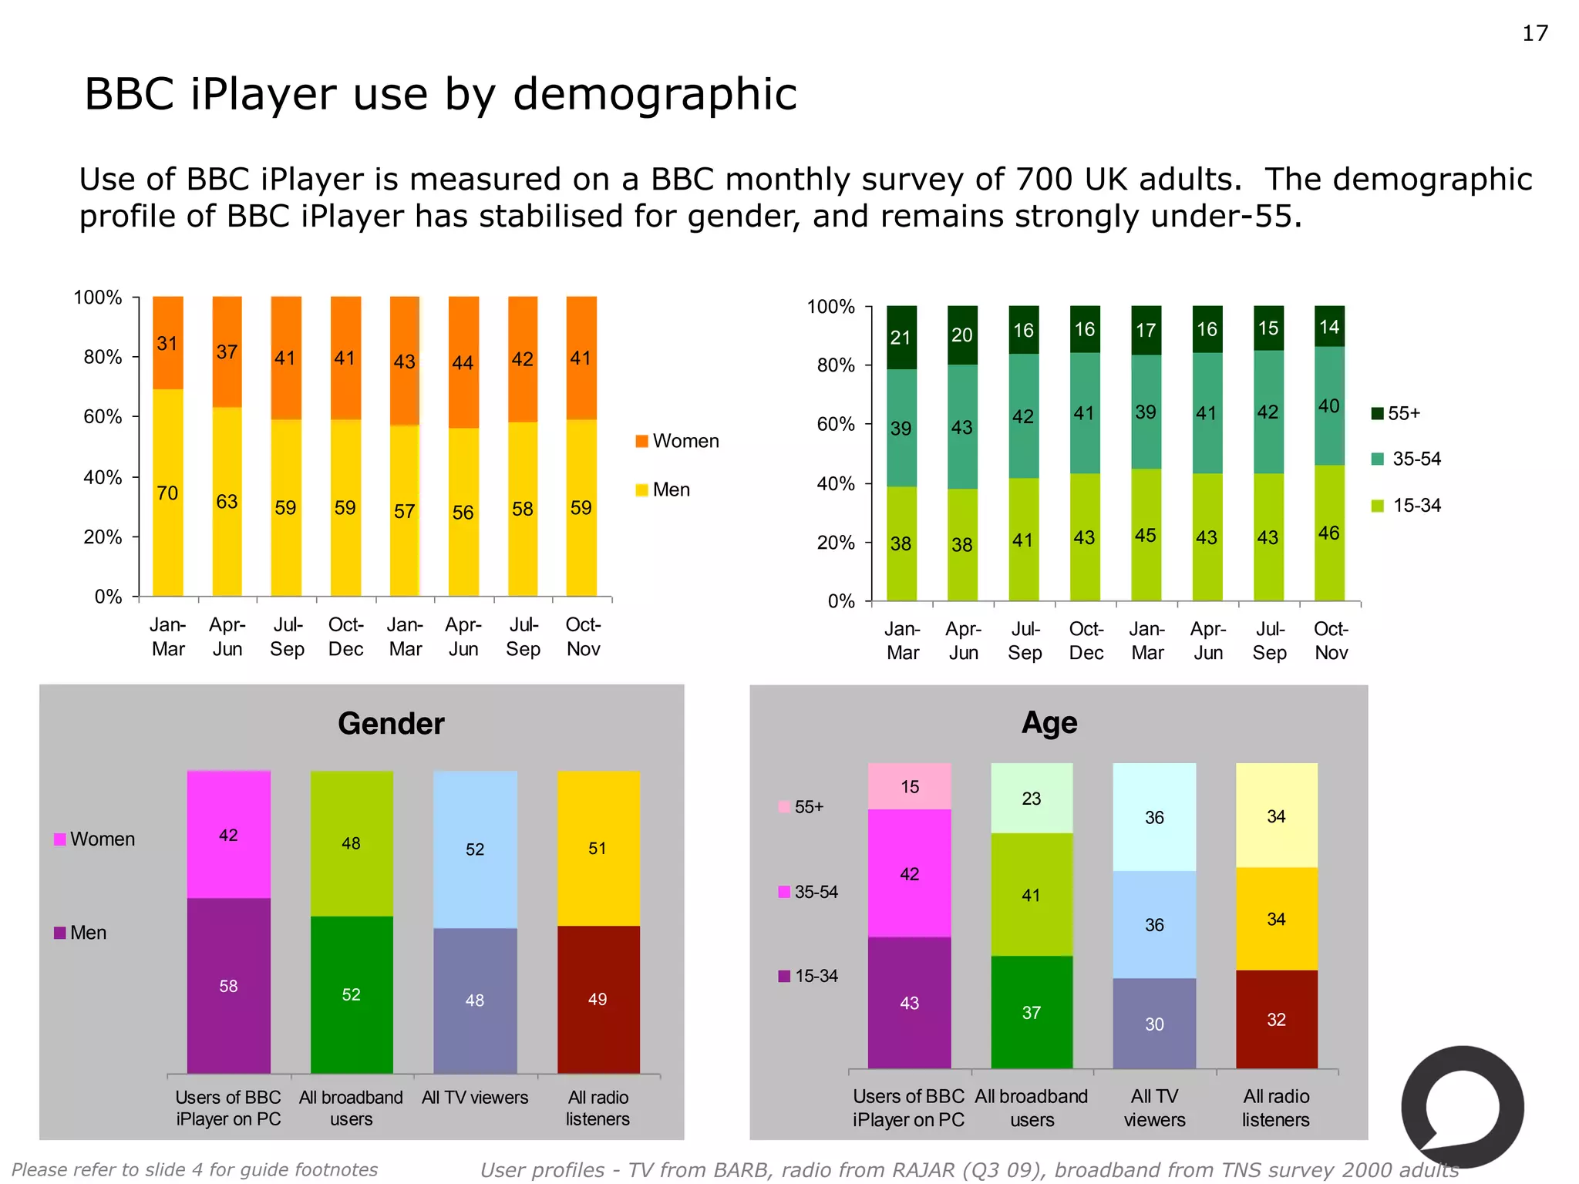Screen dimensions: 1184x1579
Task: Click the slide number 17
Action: click(1534, 33)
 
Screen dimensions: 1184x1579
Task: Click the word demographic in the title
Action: click(655, 94)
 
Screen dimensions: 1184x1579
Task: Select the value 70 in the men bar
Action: click(167, 493)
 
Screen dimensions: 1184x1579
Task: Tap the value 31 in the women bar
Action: click(167, 344)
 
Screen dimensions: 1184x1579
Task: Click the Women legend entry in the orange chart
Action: click(677, 441)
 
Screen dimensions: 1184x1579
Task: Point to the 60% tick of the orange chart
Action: click(103, 417)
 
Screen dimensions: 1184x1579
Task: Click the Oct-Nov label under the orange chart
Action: click(583, 637)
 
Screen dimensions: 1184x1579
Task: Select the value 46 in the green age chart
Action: click(1328, 533)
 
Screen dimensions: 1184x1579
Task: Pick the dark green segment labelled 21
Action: click(901, 338)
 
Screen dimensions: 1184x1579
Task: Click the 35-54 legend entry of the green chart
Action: click(1406, 459)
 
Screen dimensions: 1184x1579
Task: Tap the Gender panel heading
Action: click(391, 724)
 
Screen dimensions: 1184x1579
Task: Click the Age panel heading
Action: click(1049, 723)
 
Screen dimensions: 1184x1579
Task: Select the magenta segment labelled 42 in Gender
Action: click(228, 836)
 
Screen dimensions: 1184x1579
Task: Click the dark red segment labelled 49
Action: click(598, 1000)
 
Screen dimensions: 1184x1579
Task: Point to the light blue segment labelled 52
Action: click(475, 849)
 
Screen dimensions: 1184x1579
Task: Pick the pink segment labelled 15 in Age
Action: click(910, 787)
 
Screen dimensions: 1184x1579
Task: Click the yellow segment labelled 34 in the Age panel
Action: click(1276, 919)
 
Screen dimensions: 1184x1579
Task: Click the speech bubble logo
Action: click(1462, 1107)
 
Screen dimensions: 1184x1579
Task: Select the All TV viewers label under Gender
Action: click(475, 1098)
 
